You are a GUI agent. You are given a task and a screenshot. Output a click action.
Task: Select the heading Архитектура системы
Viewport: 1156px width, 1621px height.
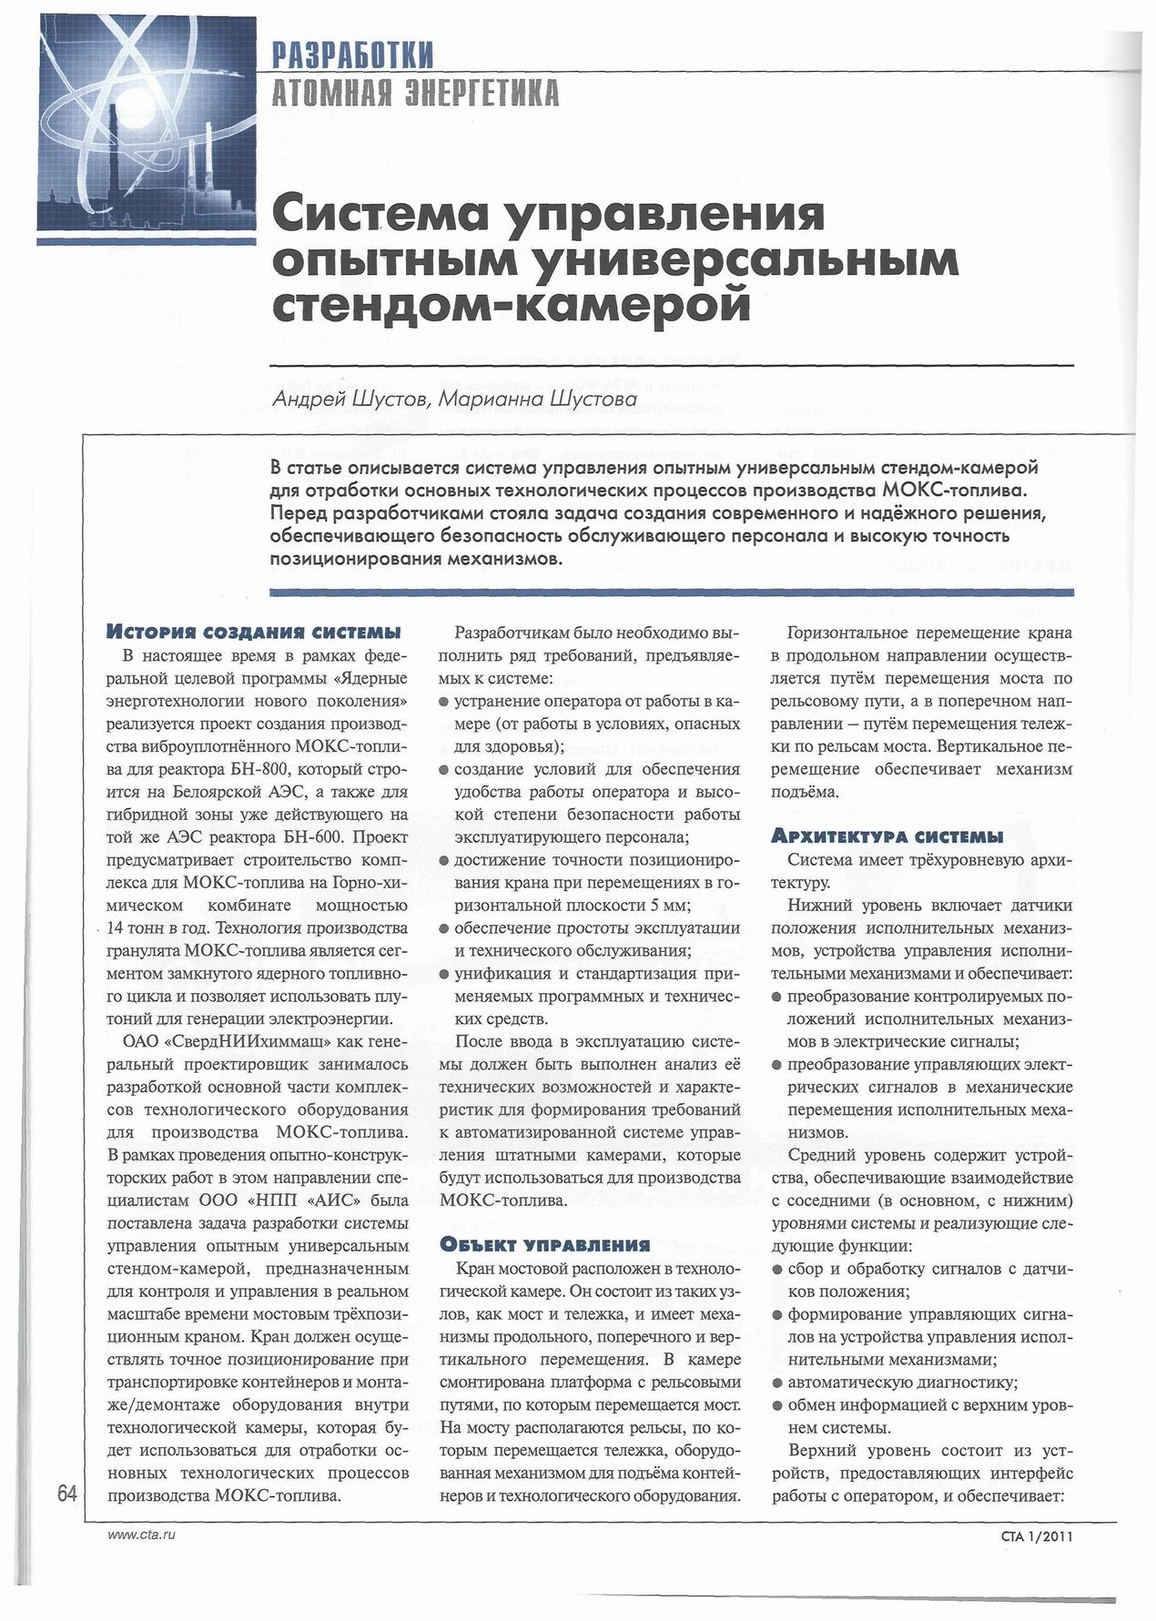[x=887, y=836]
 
